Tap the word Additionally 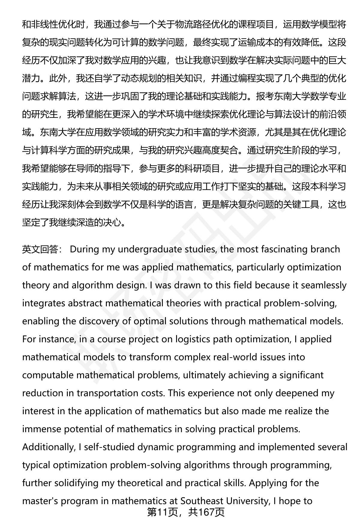point(48,447)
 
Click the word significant point(302,375)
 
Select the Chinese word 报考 point(265,97)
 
